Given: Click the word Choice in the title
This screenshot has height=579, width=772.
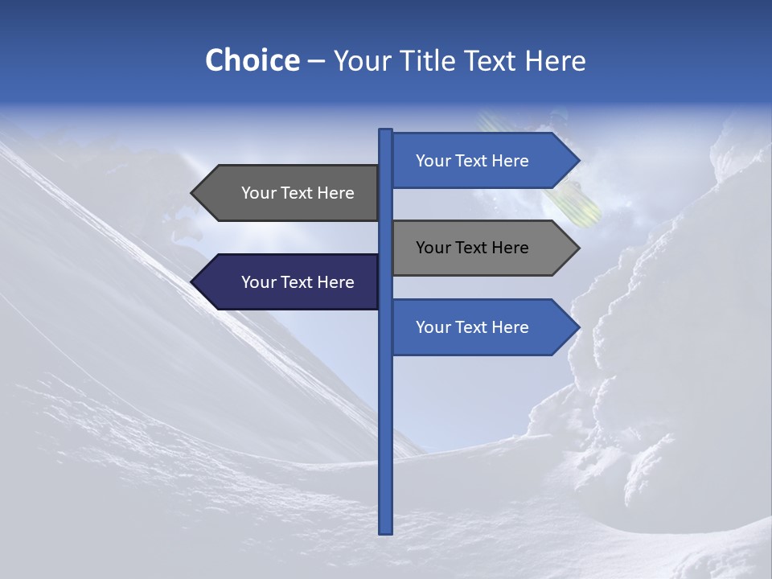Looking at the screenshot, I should [252, 60].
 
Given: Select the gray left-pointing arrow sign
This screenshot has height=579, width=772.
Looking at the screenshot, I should [289, 193].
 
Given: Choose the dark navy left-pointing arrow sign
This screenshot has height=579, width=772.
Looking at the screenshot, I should [289, 281].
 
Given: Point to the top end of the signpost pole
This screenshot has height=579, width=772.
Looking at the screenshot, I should [385, 131].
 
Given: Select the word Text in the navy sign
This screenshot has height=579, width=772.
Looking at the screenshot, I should [298, 282].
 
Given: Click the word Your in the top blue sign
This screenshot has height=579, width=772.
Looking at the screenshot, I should [433, 161].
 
